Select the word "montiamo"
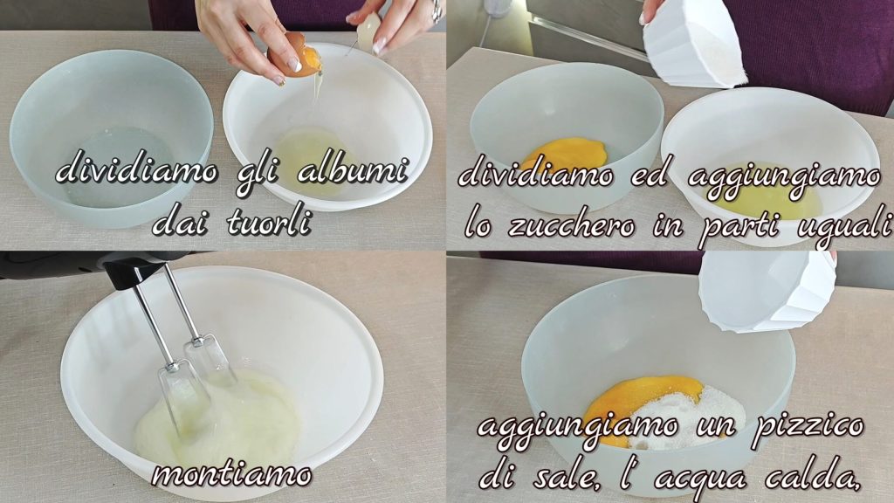point(232,474)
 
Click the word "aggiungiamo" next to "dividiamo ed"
point(784,176)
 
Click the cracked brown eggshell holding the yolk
point(294,54)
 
